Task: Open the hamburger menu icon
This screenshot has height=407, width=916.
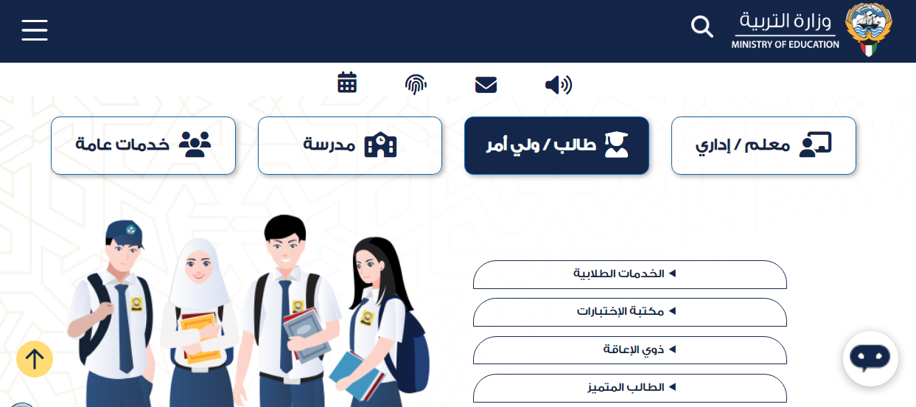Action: point(35,29)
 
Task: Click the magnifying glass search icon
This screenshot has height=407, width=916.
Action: point(702,27)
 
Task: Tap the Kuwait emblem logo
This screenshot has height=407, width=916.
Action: point(869,29)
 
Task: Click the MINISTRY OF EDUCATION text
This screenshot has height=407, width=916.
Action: point(785,44)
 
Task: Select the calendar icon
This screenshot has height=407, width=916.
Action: point(347,83)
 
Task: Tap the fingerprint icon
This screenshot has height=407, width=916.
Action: point(416,84)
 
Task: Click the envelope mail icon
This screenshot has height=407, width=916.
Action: point(486,85)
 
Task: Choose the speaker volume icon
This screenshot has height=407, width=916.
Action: point(559,85)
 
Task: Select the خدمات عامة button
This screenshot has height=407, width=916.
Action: point(143,145)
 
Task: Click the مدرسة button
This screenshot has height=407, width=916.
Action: point(350,145)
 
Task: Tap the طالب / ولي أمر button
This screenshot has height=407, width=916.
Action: point(556,145)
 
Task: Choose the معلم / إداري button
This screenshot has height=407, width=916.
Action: point(763,145)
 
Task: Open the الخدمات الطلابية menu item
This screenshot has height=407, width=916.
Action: point(630,274)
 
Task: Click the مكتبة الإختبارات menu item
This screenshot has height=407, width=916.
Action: point(630,312)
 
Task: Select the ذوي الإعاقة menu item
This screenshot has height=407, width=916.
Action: point(630,349)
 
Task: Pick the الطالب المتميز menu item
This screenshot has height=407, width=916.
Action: point(630,388)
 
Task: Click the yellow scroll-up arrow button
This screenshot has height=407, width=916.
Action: point(35,359)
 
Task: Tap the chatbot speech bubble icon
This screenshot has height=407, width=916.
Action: point(870,358)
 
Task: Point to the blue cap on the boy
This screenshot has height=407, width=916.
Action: point(125,234)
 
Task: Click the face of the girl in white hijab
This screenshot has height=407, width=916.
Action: point(198,266)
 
